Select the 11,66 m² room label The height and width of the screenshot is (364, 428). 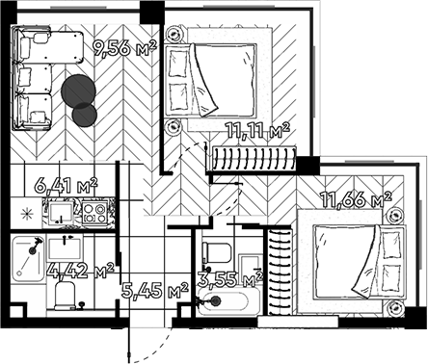[x=360, y=199]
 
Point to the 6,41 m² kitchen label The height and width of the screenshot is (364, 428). [x=66, y=183]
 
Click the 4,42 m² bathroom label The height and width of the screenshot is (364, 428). [x=82, y=271]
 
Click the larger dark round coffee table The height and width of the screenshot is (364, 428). [x=78, y=90]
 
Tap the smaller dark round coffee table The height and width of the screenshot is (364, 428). [x=86, y=115]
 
